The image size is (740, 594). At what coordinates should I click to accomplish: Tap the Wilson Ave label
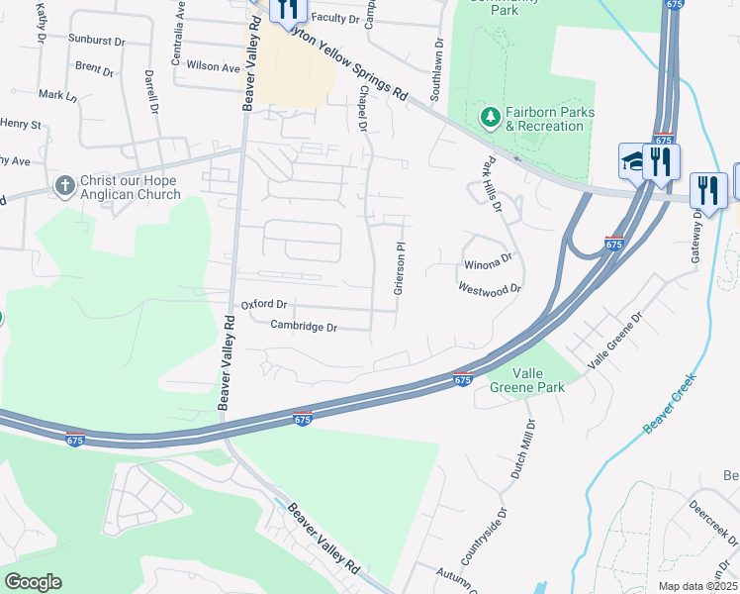pos(214,68)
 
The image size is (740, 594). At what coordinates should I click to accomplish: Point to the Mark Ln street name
pos(57,96)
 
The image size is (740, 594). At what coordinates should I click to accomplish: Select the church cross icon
pos(64,186)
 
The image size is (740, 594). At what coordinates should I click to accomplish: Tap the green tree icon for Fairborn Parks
pos(489,119)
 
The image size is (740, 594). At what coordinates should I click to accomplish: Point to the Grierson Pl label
pos(400,269)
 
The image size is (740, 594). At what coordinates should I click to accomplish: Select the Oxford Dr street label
pos(263,305)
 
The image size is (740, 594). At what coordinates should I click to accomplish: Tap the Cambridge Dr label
pos(304,327)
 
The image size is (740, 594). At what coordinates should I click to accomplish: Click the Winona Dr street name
pos(488,264)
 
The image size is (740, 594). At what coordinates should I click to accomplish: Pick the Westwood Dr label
pos(489,289)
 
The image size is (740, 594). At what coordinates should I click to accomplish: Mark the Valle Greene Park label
pos(527,380)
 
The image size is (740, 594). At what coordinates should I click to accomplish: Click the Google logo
pos(33,582)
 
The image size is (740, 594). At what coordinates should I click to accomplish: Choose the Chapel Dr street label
pos(363,108)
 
